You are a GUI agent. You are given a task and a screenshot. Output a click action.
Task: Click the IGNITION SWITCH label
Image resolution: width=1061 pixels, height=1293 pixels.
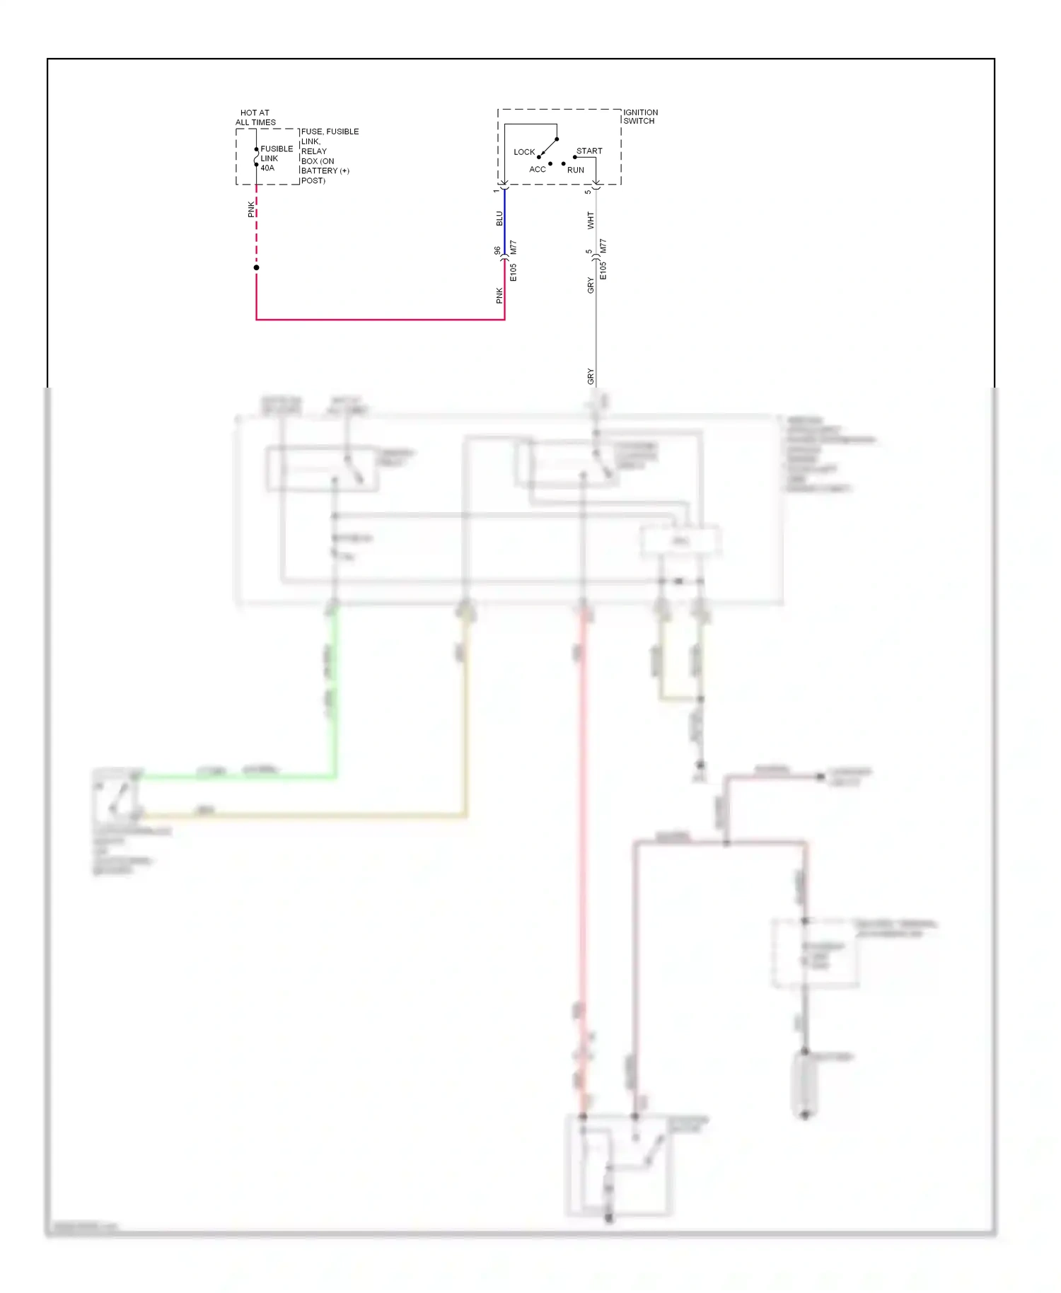(x=640, y=117)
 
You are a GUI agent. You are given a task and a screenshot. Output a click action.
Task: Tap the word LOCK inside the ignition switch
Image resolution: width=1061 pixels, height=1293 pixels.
(x=524, y=152)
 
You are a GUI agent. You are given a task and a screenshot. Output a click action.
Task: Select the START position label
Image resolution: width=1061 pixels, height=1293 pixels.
(x=589, y=151)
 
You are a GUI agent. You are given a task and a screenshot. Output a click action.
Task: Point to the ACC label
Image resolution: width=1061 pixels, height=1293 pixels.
(x=538, y=170)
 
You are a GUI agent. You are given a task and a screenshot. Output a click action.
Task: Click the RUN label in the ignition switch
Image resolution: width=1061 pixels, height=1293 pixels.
(x=576, y=170)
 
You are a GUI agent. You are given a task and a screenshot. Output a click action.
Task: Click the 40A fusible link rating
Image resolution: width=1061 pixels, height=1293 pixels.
(x=267, y=168)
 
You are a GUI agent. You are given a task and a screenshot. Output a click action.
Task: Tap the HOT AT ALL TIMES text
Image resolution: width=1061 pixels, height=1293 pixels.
(x=255, y=117)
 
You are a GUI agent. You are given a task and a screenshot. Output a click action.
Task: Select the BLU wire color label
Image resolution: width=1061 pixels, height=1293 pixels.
(x=499, y=219)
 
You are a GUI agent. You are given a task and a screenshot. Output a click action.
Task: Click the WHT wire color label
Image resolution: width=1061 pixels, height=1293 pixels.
(x=591, y=221)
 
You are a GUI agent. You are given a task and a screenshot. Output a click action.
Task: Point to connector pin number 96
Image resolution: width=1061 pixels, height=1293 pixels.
(x=497, y=250)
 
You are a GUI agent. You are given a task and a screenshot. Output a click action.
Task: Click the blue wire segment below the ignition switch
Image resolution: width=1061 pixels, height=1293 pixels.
(x=504, y=219)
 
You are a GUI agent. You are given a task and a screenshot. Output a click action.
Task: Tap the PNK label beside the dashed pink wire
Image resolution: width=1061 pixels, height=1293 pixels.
(x=250, y=209)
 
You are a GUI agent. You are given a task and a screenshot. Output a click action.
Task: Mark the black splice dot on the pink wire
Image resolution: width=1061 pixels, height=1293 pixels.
(x=256, y=267)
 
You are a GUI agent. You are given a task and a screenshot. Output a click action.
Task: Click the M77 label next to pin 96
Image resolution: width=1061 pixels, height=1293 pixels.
(x=514, y=248)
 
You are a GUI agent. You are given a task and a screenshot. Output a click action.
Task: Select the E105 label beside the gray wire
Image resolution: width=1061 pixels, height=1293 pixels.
(x=603, y=271)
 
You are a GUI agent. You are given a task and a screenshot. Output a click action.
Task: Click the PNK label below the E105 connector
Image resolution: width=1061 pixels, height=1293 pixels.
(x=499, y=296)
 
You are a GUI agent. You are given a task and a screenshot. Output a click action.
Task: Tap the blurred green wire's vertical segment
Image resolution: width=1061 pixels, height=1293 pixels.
(x=335, y=693)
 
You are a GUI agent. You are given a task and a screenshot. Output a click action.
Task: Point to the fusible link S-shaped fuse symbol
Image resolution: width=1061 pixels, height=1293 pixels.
(x=256, y=157)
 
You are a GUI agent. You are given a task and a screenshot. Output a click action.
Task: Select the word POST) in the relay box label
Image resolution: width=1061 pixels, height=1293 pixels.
(x=313, y=181)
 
